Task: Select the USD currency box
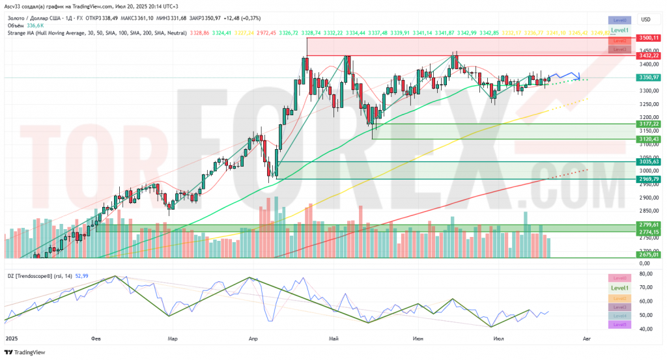click(x=646, y=20)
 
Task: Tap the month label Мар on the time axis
click(x=173, y=339)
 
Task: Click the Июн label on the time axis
click(x=418, y=339)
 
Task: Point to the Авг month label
click(x=587, y=339)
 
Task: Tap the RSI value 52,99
click(x=81, y=275)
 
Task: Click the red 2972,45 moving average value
click(x=266, y=32)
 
